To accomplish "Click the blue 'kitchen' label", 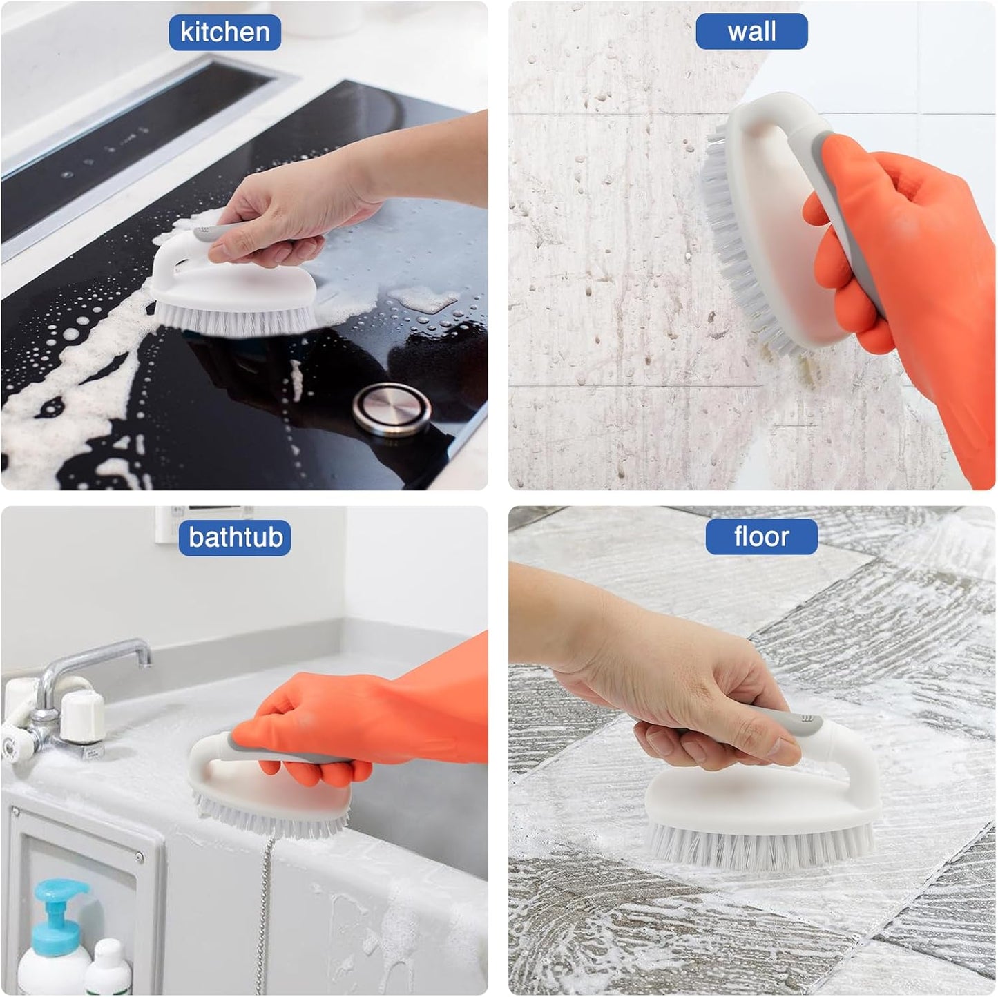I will pos(224,32).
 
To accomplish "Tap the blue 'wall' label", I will pos(751,32).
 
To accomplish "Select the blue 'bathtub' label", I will pos(235,537).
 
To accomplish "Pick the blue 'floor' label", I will pos(761,537).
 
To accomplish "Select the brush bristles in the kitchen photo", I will pos(228,319).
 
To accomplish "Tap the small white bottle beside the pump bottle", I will pos(109,967).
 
